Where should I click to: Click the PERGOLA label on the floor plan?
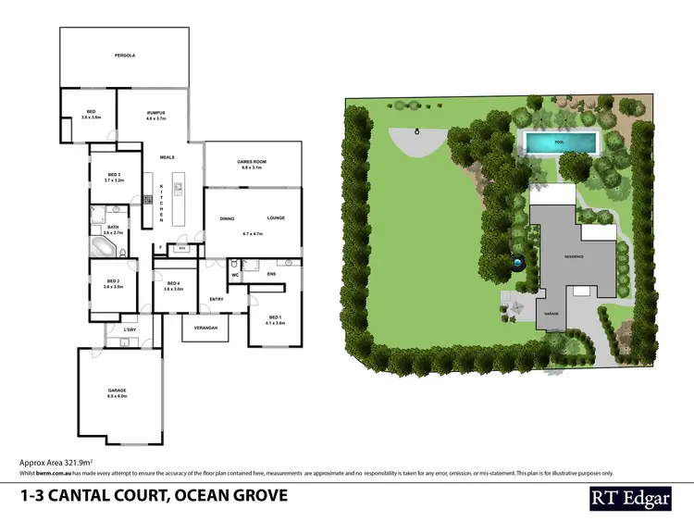tap(126, 56)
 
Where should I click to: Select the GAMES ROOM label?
tap(252, 164)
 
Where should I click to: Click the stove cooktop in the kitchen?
tap(147, 199)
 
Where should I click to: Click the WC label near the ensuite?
tap(236, 275)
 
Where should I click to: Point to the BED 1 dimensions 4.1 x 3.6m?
tap(275, 321)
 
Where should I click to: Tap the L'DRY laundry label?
tap(130, 329)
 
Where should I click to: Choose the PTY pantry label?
tap(182, 249)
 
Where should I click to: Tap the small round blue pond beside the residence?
tap(515, 264)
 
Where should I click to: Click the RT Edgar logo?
tap(631, 498)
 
